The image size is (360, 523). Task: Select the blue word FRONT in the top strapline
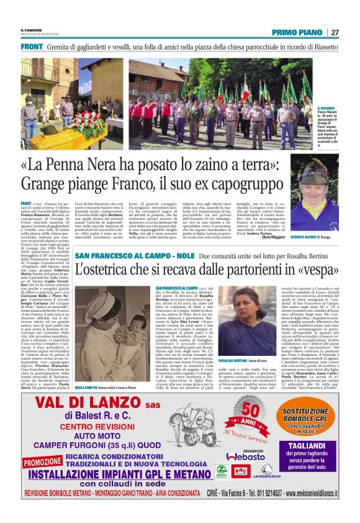pyautogui.click(x=31, y=47)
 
